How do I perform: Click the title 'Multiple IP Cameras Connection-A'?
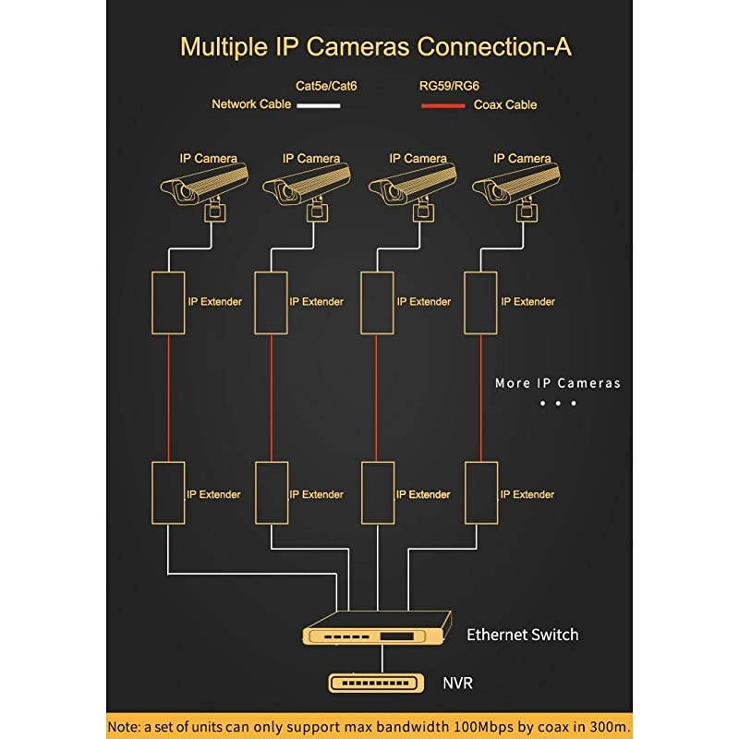375,46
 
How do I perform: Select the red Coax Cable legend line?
443,105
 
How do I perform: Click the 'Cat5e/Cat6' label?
326,85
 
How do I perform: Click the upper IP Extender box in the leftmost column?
168,302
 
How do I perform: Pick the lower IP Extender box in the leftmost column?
168,493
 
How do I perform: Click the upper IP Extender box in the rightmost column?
480,302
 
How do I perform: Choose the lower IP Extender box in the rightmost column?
480,493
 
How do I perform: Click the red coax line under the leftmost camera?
168,397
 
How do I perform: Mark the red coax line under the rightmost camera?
480,397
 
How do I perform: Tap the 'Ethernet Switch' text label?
522,635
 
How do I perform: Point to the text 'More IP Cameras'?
558,383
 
